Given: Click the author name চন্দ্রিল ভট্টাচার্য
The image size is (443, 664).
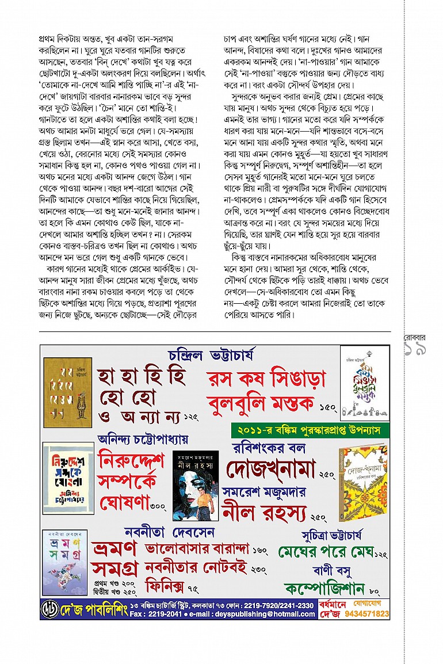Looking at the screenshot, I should [212, 354].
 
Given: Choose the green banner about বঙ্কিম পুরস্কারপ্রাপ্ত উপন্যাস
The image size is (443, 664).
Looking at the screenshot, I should [310, 430].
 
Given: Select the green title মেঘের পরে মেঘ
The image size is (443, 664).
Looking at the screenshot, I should [324, 552].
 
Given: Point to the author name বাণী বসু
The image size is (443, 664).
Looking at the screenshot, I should [332, 571].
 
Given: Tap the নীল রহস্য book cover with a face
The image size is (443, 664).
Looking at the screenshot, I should [196, 485].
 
